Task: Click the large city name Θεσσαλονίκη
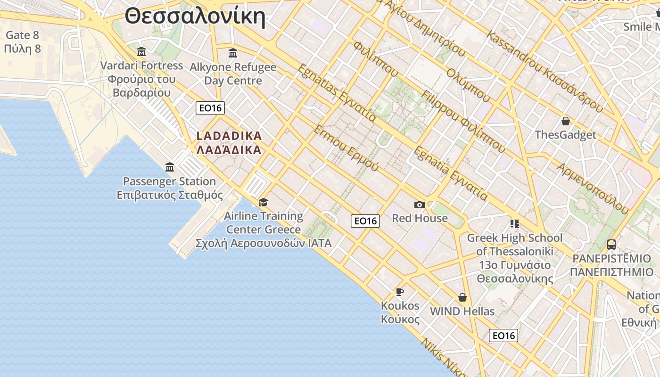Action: (x=195, y=16)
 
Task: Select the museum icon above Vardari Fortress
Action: (x=141, y=51)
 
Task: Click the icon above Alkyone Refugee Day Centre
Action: (x=233, y=53)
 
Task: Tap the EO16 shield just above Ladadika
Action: (x=210, y=108)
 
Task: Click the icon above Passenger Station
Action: (x=170, y=167)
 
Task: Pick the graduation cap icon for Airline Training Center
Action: (x=263, y=202)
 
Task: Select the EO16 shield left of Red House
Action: (x=365, y=221)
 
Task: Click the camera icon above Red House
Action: (x=419, y=205)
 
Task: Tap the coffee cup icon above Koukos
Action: (x=400, y=292)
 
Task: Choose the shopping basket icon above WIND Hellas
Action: (x=462, y=297)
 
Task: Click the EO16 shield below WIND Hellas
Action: (x=503, y=336)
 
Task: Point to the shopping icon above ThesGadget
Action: (x=565, y=121)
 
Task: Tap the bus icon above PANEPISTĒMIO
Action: (x=611, y=245)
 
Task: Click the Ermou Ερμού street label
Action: (x=346, y=148)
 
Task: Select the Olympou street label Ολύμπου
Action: (x=469, y=85)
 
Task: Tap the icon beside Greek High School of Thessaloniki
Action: (x=514, y=223)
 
